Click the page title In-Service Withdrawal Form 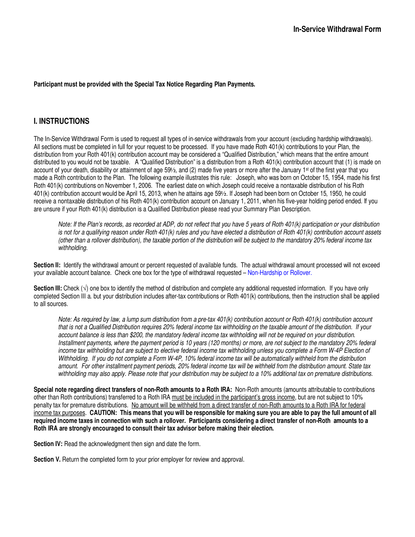point(337,29)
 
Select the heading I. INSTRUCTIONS point(61,121)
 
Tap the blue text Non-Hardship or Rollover point(279,273)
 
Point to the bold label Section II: point(47,265)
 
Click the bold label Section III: point(48,288)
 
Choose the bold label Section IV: point(48,444)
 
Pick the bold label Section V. point(47,460)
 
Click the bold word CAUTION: point(103,413)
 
